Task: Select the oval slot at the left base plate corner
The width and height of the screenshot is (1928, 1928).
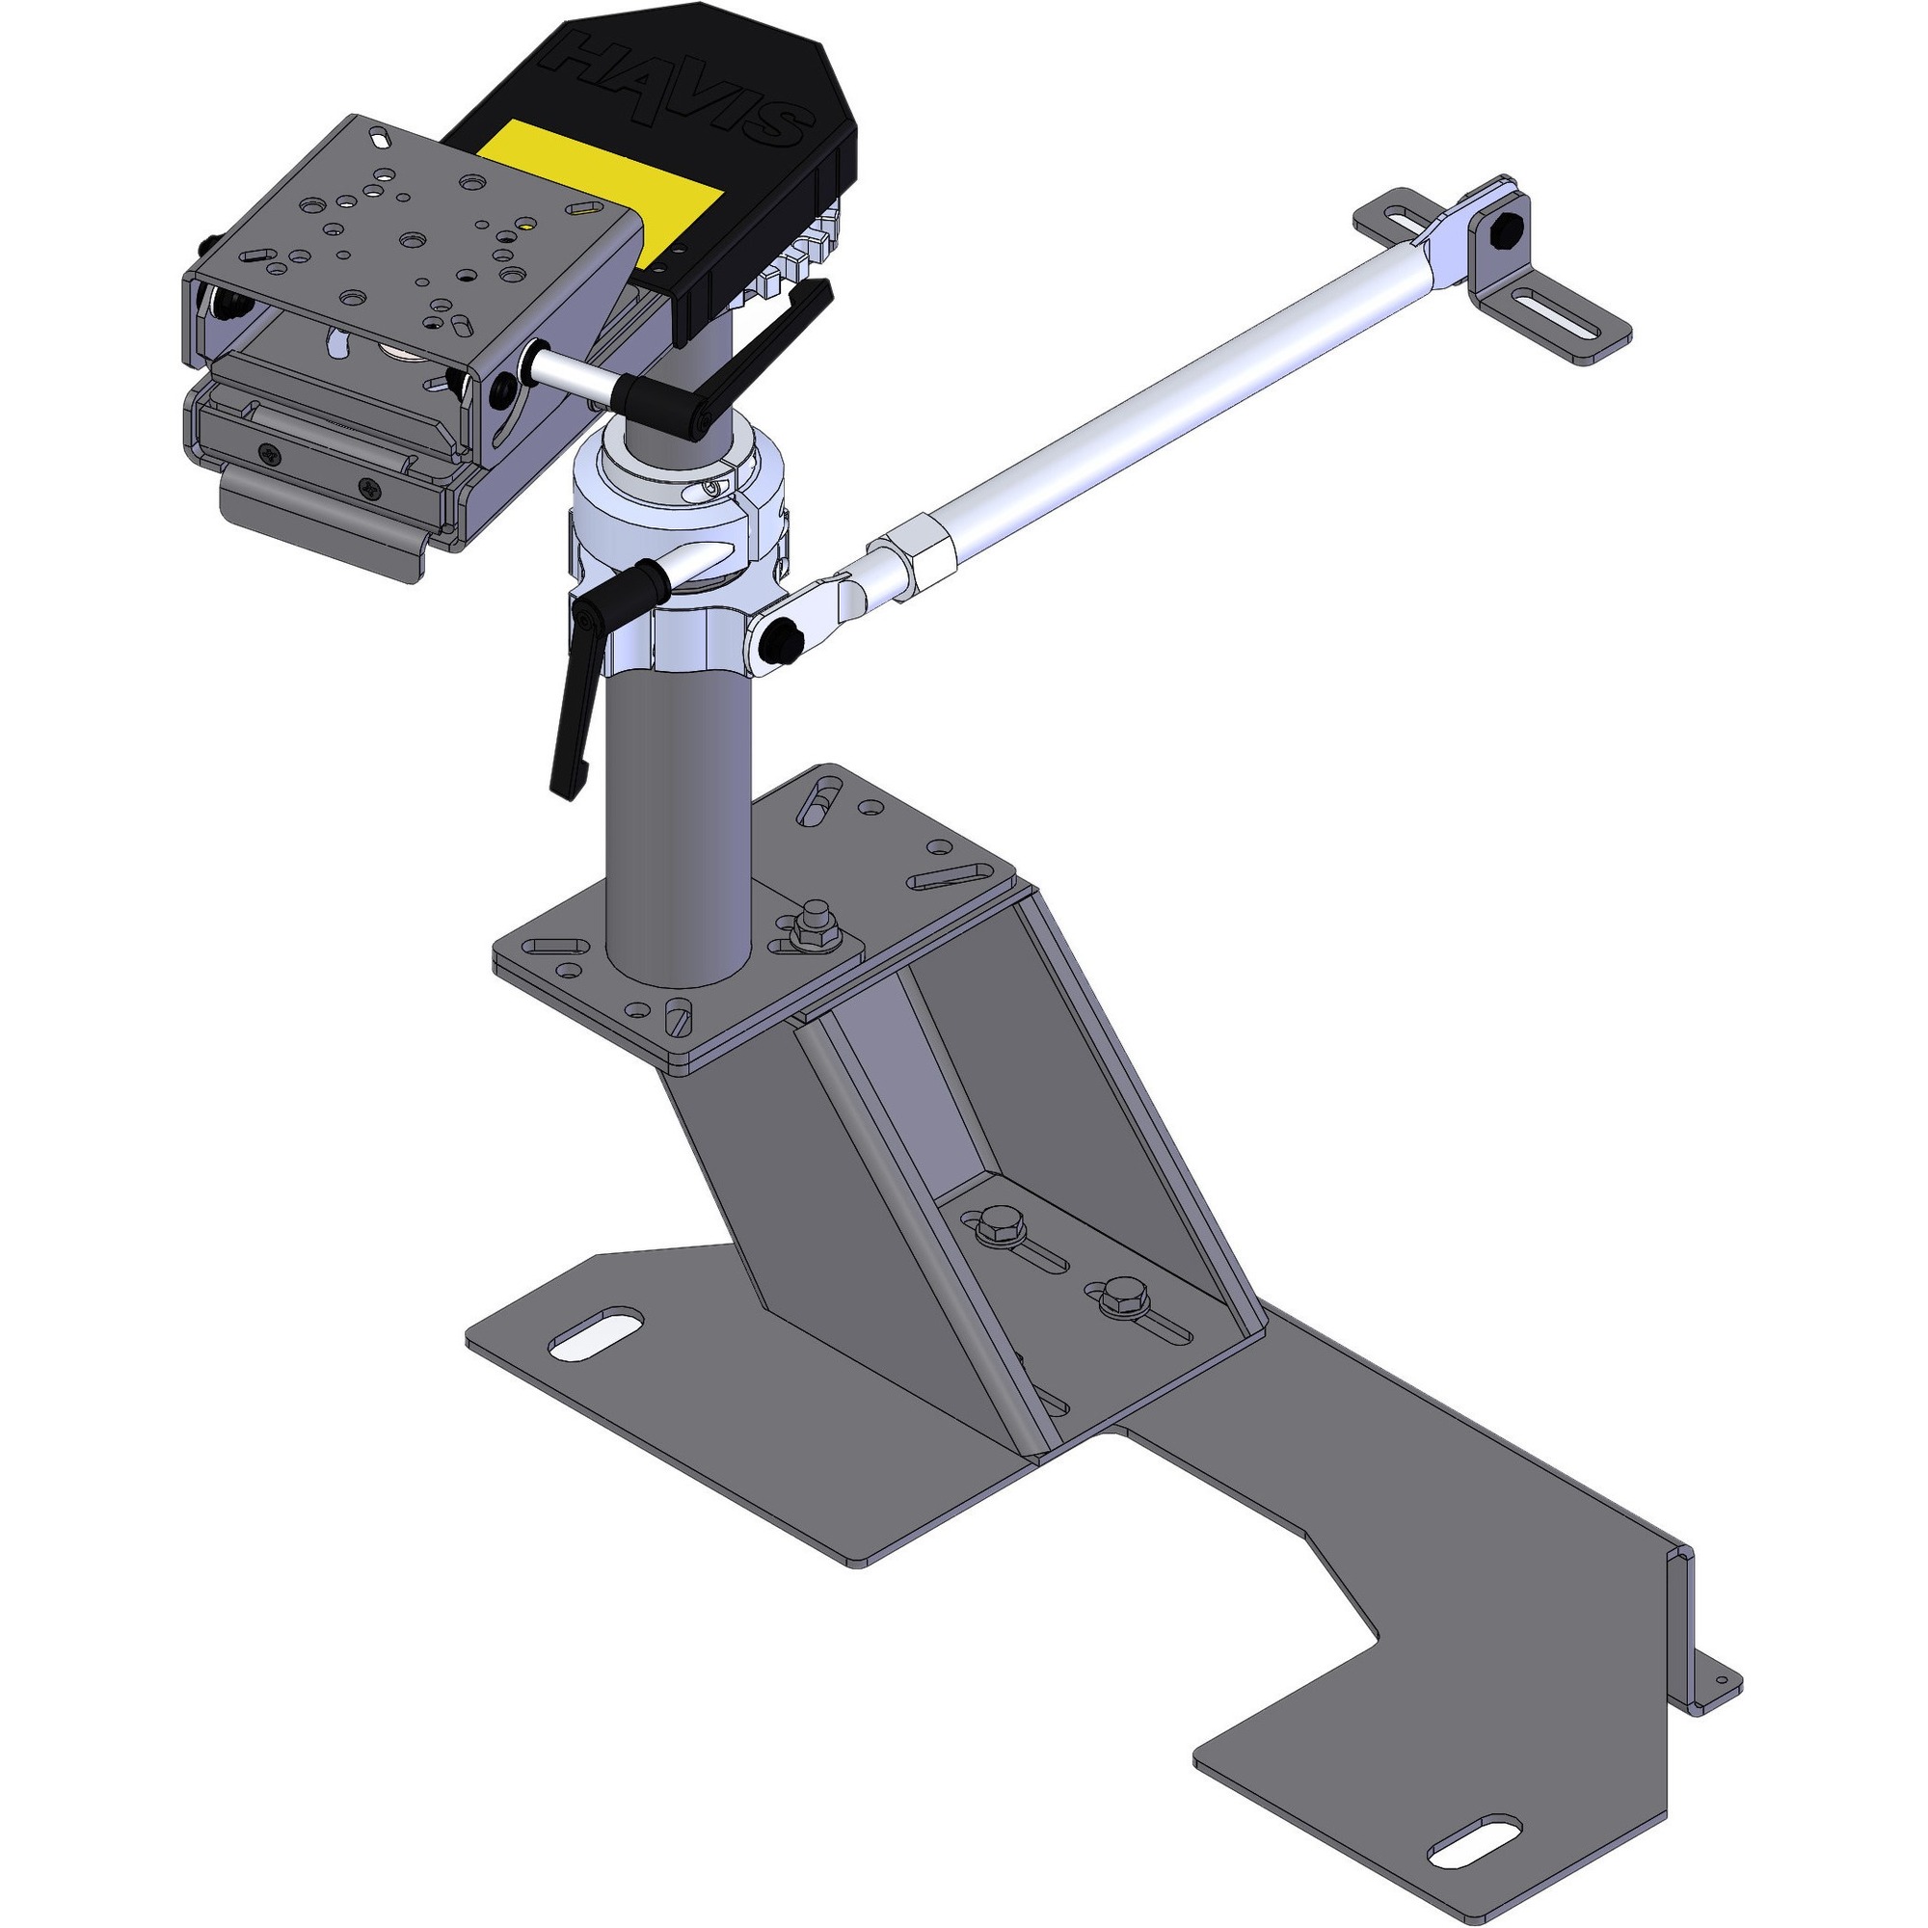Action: [595, 1336]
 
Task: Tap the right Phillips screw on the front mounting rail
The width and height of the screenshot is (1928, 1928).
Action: [371, 488]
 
